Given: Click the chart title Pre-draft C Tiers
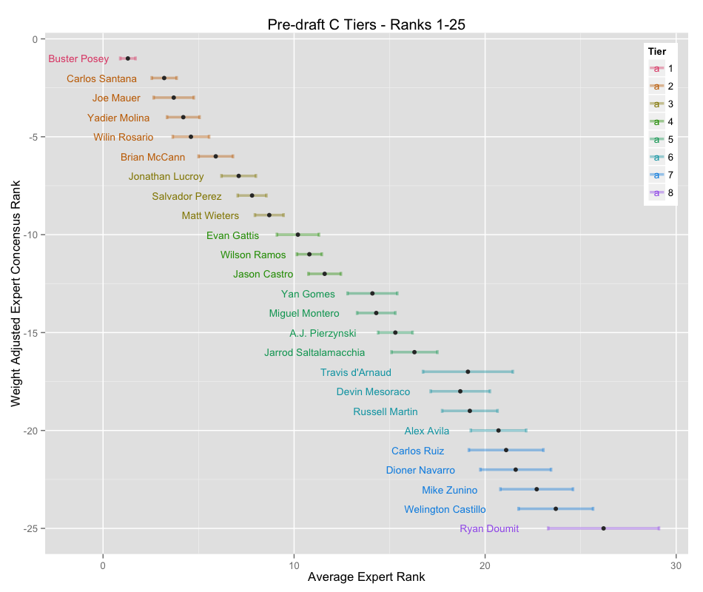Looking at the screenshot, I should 366,25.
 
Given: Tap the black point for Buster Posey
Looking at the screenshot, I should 128,58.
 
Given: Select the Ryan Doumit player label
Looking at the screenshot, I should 489,529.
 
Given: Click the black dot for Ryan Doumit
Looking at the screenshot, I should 604,528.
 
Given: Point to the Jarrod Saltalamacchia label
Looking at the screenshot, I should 314,353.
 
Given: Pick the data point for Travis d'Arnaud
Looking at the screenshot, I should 468,371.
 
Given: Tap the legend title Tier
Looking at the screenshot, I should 656,51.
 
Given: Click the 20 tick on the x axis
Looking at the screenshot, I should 485,566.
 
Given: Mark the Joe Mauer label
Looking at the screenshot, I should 116,98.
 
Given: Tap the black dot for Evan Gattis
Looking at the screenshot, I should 297,235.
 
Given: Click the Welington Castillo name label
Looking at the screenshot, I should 445,510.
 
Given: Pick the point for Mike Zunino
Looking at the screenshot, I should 536,489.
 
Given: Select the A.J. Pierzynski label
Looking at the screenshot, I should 323,334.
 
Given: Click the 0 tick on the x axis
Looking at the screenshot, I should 103,566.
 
